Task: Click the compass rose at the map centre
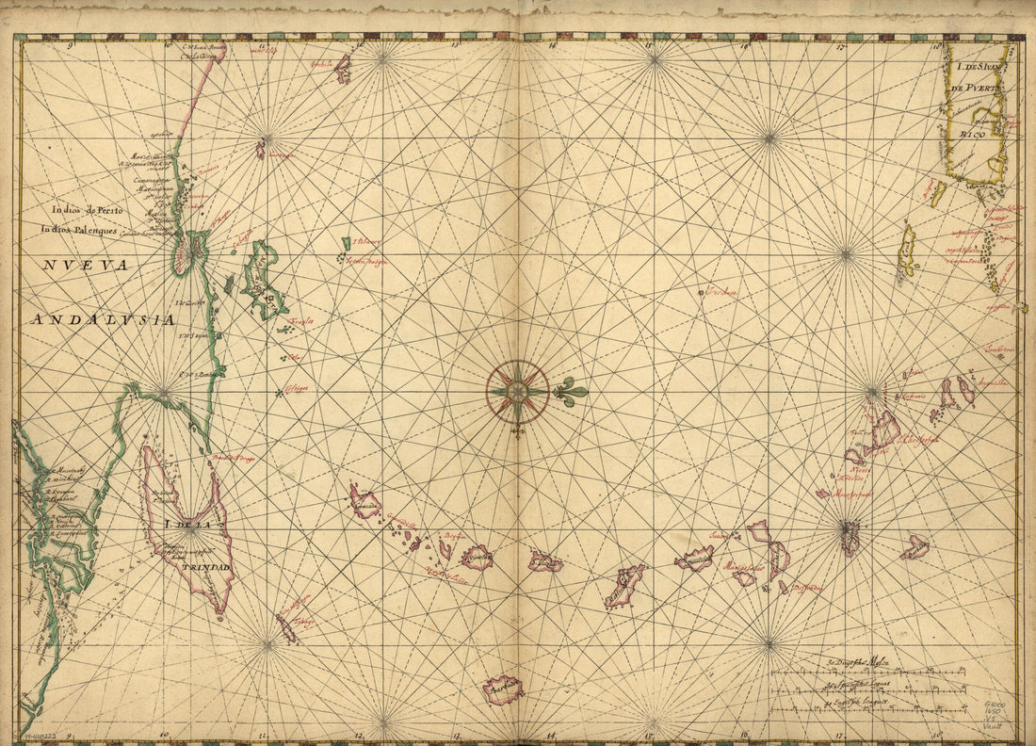pos(517,392)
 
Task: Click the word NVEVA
pos(85,266)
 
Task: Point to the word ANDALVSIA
pos(103,319)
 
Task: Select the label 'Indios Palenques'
pos(78,229)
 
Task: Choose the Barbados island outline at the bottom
pos(503,689)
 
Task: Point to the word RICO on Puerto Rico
pos(972,135)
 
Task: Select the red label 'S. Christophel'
pos(918,438)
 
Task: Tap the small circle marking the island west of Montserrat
pos(821,493)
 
